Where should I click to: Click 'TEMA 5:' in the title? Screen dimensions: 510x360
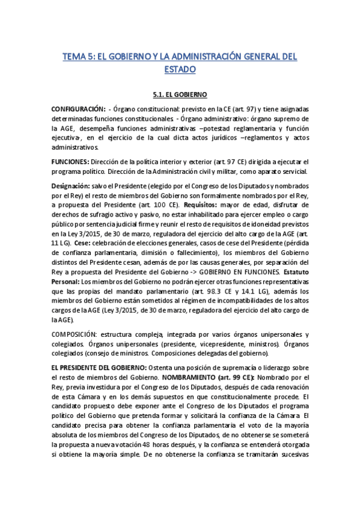(x=79, y=57)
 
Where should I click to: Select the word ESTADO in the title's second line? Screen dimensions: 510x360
(x=180, y=70)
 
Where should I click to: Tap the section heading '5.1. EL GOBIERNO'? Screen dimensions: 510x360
(x=180, y=94)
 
